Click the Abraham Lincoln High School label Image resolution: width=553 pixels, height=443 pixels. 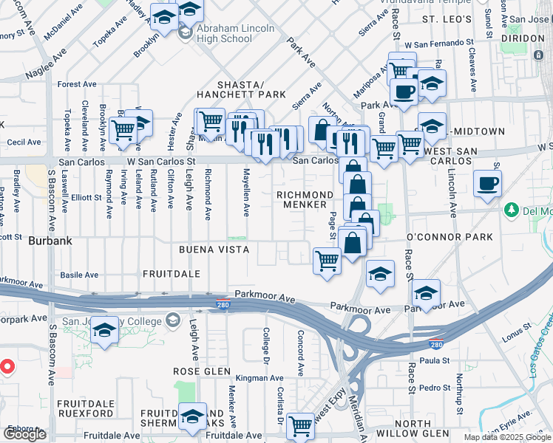point(235,34)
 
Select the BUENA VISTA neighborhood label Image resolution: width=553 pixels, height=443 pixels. point(214,250)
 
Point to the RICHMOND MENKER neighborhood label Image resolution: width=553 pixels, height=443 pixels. point(301,199)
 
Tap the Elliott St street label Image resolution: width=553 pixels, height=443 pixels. point(86,197)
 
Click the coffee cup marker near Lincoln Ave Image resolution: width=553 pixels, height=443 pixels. point(488,185)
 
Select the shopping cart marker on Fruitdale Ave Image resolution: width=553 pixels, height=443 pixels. point(300,426)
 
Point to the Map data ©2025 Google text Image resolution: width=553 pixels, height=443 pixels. point(507,437)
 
